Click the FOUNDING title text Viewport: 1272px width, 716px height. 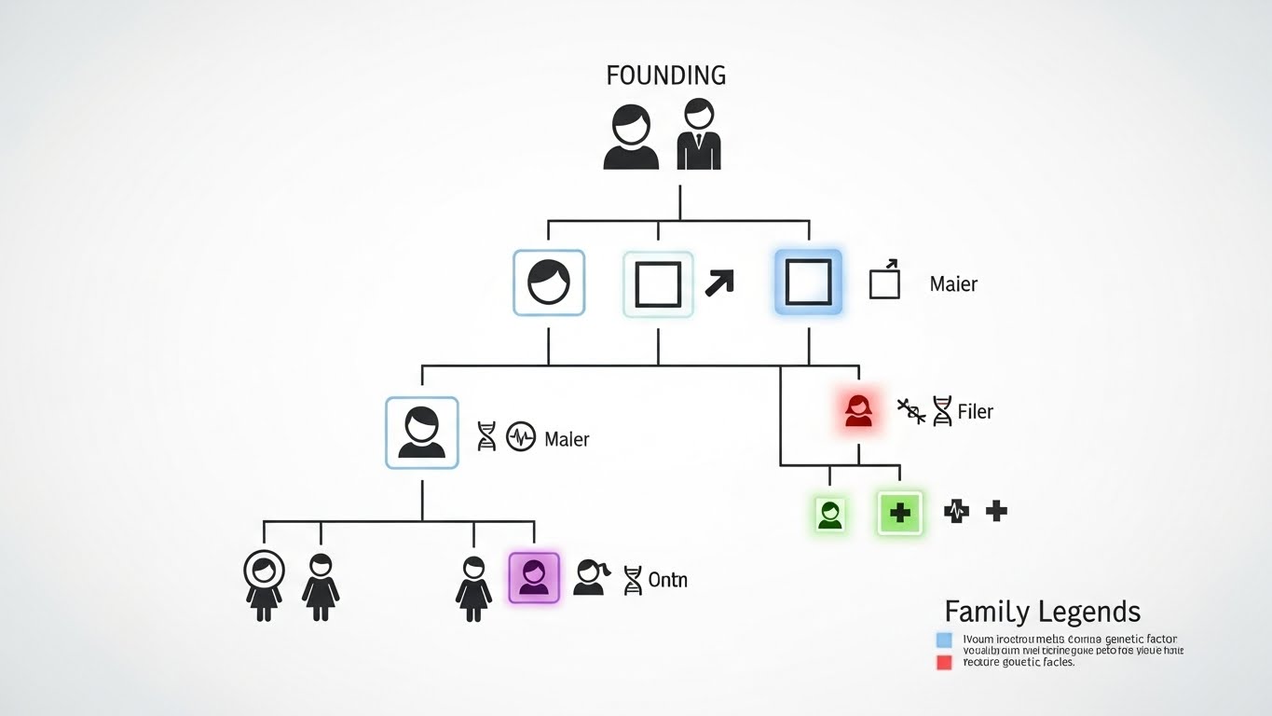pos(665,76)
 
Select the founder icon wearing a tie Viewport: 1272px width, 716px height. pos(699,135)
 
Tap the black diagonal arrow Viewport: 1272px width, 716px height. pos(718,282)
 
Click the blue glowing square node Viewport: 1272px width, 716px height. pos(808,282)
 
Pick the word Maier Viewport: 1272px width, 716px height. pos(953,284)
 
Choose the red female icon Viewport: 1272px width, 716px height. pos(858,410)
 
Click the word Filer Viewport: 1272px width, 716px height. pos(975,411)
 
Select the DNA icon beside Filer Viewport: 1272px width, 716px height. pos(942,411)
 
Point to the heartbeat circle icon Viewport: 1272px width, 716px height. pos(520,436)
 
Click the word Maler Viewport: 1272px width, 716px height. pos(567,438)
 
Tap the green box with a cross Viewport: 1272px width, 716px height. pos(899,512)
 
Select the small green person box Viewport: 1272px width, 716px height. pos(830,514)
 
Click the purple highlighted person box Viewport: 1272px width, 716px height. pos(534,578)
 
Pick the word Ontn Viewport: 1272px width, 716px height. pos(667,580)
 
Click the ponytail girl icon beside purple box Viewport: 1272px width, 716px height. pos(590,578)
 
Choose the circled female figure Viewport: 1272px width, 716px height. pos(263,585)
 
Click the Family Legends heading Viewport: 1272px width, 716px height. pos(1042,612)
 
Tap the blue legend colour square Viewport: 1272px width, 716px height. pos(944,640)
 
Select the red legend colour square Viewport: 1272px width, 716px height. pos(944,662)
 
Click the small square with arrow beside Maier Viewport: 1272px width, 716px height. pos(884,281)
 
